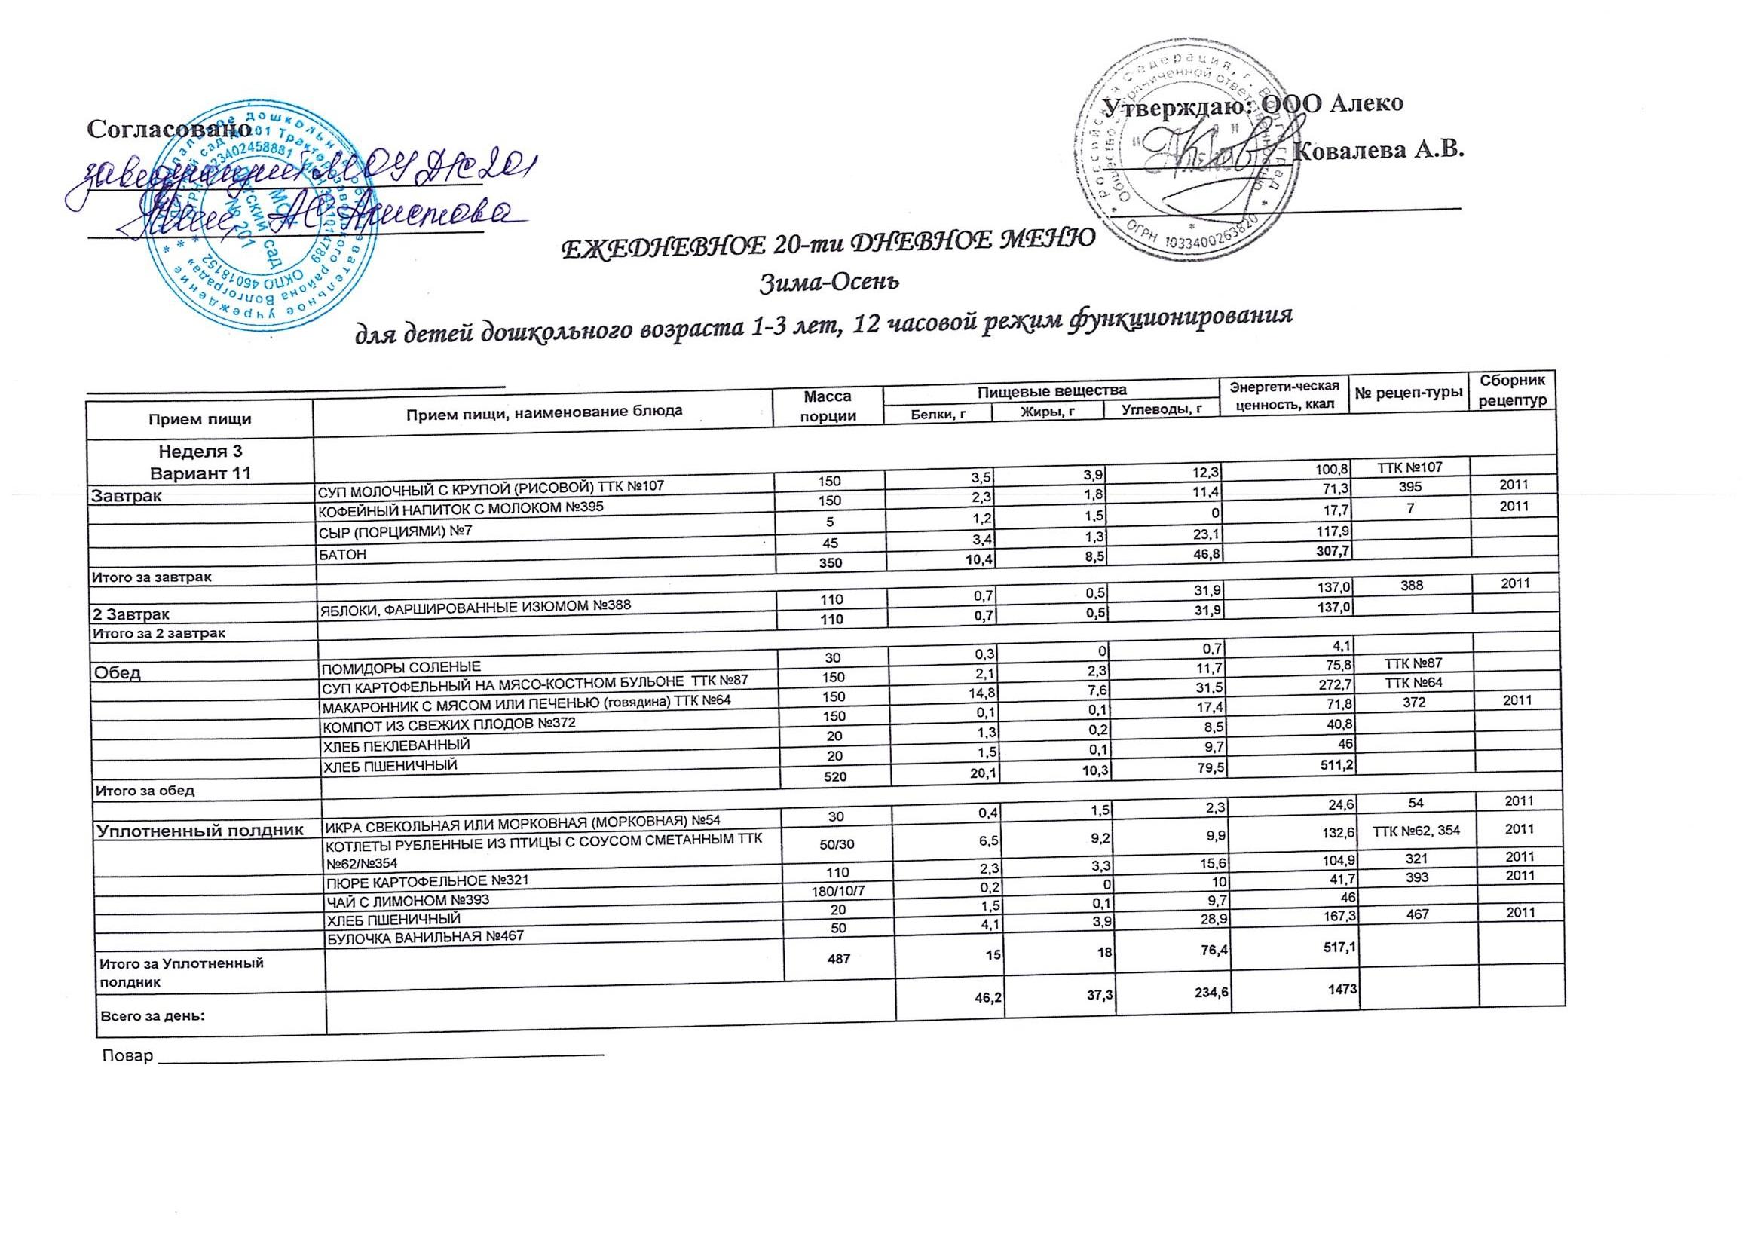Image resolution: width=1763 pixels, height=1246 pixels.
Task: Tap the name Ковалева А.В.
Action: (x=1378, y=150)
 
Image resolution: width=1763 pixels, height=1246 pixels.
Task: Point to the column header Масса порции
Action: (x=827, y=406)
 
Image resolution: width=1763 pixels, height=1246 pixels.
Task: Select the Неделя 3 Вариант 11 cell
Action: (x=200, y=462)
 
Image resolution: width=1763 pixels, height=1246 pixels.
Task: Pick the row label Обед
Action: (x=117, y=673)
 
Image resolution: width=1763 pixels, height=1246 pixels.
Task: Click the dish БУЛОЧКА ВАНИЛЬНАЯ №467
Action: (x=426, y=936)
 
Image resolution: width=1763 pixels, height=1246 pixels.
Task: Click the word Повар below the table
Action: (x=127, y=1055)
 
